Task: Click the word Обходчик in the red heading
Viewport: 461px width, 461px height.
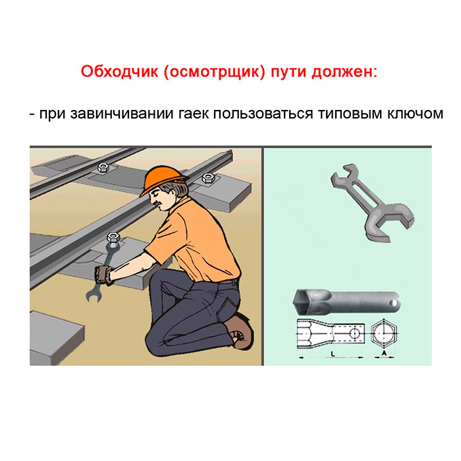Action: click(119, 71)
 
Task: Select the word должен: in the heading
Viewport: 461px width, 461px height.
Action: click(344, 72)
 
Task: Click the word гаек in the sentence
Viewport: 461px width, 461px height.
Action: click(194, 114)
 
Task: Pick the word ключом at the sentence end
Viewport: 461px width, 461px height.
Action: click(414, 114)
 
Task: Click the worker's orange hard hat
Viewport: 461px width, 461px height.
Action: click(163, 180)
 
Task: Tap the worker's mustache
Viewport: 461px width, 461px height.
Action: click(159, 203)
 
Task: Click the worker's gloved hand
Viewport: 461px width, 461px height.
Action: click(104, 275)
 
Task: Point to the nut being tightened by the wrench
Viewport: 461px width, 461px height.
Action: click(113, 237)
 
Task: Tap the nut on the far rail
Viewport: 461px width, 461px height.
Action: click(103, 167)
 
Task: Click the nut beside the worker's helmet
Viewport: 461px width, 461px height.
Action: click(208, 178)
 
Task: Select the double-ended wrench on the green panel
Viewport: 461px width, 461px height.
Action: click(372, 202)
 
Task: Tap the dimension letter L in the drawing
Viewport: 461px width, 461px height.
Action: click(333, 354)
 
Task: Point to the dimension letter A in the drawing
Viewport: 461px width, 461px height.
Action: click(384, 353)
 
